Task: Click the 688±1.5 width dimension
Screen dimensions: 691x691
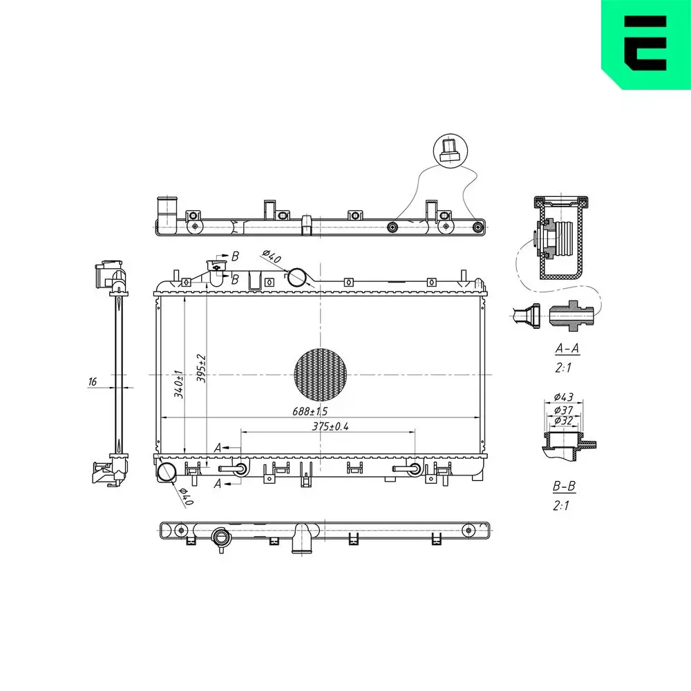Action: click(x=310, y=411)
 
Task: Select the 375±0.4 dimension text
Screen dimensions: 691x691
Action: click(x=330, y=426)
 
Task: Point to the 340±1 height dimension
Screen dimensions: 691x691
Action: click(x=178, y=384)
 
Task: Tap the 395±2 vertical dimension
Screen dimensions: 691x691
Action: click(x=201, y=368)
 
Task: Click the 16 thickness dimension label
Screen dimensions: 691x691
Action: click(x=92, y=381)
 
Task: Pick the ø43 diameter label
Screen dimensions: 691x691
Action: click(x=564, y=397)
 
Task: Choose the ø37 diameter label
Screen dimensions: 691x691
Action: click(x=564, y=410)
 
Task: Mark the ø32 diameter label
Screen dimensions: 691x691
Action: click(x=564, y=420)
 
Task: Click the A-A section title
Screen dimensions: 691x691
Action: click(x=567, y=348)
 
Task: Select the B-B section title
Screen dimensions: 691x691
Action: click(x=564, y=486)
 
